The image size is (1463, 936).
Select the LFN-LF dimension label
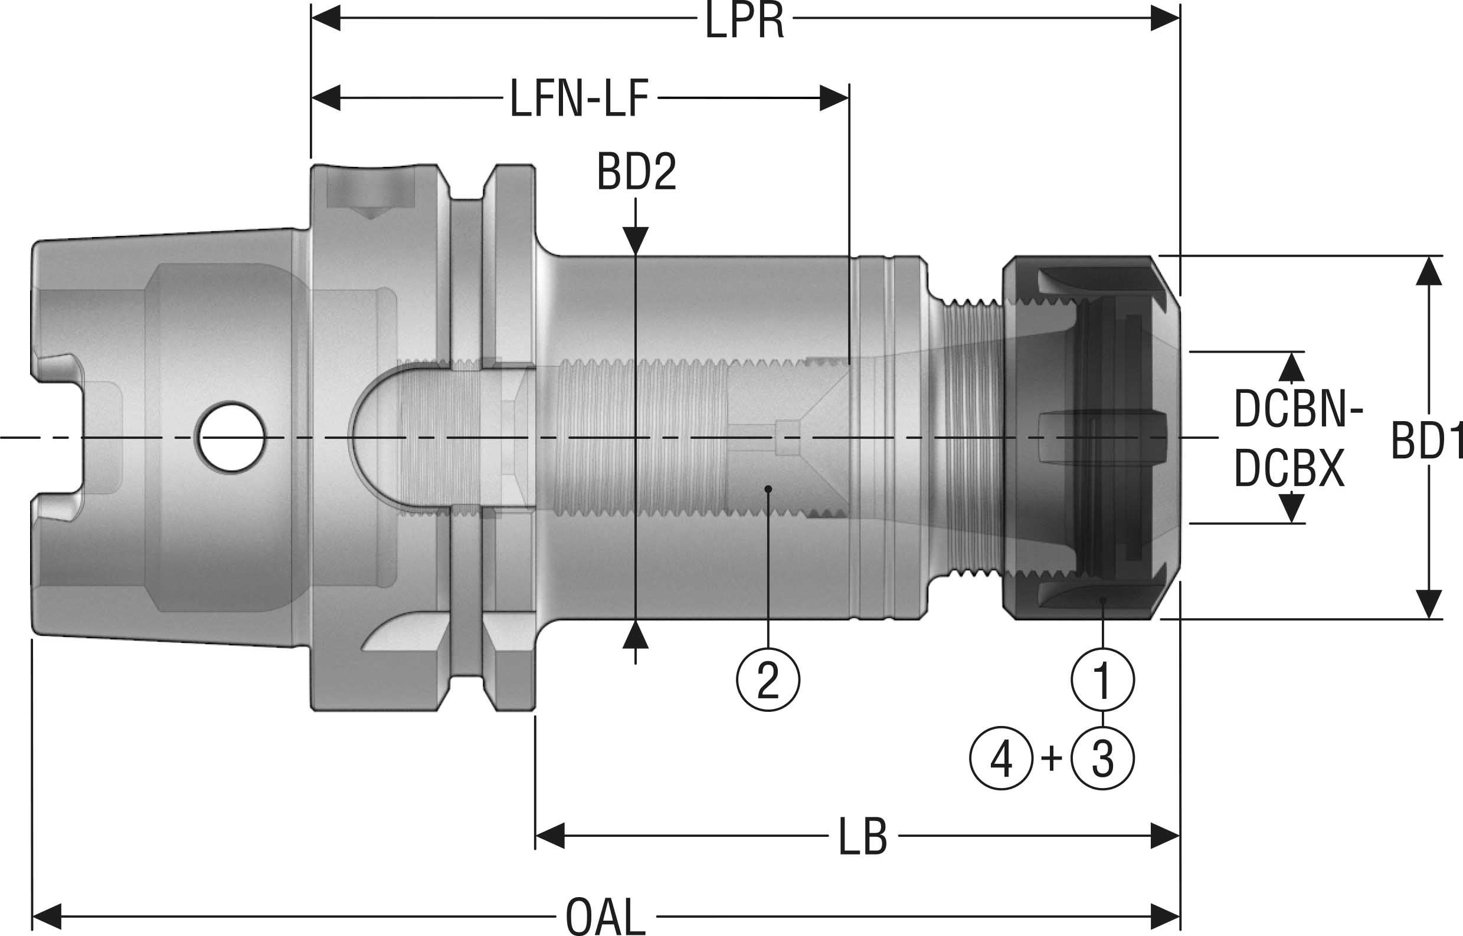578,98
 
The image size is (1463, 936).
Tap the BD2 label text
636,172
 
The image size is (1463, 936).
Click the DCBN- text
1298,409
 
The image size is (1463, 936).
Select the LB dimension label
863,837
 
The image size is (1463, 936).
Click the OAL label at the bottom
605,917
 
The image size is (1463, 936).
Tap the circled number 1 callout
1102,679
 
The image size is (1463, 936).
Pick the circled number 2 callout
768,679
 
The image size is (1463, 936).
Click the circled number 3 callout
1102,758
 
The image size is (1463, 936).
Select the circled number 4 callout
1001,758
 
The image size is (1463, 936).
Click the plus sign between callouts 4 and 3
1051,758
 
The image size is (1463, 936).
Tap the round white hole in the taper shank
230,437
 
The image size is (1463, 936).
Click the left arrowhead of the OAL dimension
46,916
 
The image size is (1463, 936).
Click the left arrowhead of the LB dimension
549,836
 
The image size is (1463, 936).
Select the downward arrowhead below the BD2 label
636,241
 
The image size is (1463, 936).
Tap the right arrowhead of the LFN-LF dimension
834,98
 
